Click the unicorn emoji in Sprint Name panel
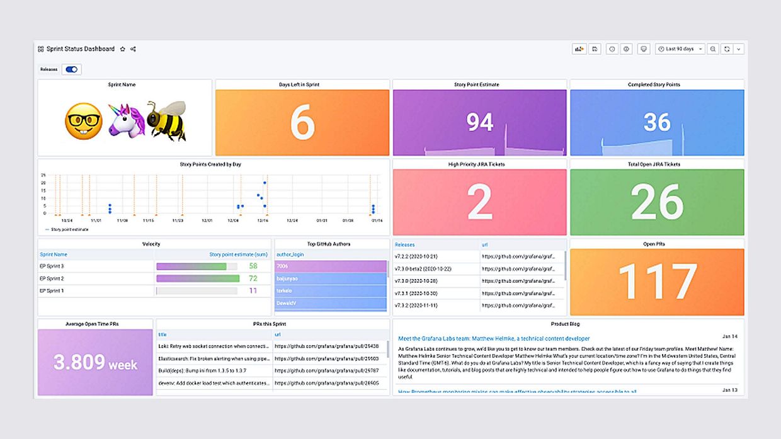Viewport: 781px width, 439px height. tap(127, 121)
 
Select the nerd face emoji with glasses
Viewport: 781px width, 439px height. tap(84, 122)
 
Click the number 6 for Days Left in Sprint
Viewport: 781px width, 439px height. tap(302, 123)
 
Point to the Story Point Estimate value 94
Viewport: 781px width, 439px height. tap(480, 122)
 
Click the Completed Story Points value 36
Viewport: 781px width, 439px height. tap(657, 122)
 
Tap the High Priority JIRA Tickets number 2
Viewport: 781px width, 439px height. tap(480, 202)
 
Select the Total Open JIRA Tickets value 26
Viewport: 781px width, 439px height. tap(657, 202)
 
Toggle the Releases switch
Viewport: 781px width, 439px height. tap(71, 69)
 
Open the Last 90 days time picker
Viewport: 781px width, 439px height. tap(680, 49)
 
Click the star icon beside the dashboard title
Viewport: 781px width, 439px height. tap(123, 49)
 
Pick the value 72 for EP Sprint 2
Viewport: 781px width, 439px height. tap(253, 278)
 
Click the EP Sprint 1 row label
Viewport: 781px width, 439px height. tap(52, 291)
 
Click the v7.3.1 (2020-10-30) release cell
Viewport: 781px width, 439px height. tap(416, 294)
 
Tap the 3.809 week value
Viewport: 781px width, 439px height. tap(95, 363)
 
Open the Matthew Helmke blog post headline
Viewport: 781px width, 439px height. tap(494, 339)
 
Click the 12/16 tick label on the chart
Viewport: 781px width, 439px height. tap(263, 221)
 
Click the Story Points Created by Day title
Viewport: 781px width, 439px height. tap(210, 164)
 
